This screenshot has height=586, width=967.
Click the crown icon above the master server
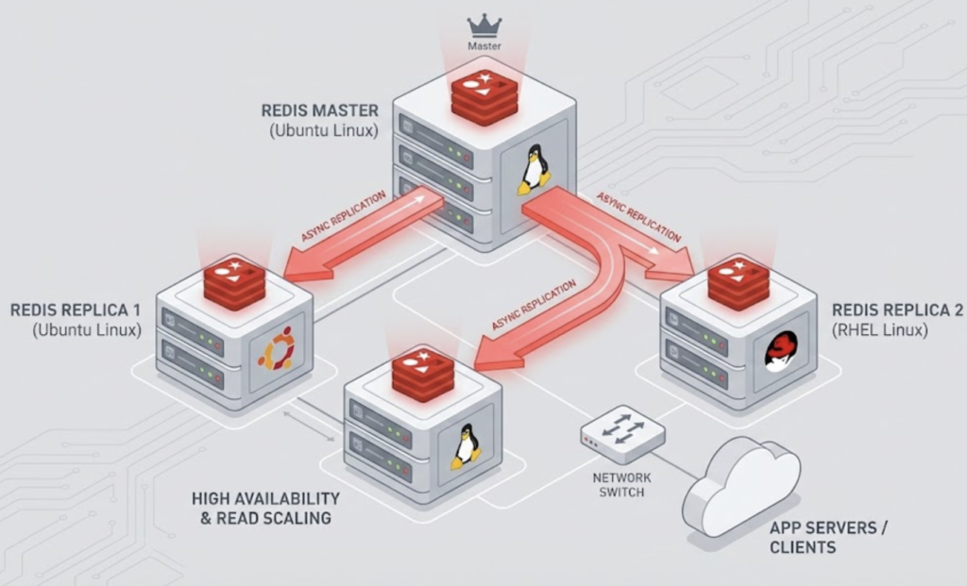coord(484,25)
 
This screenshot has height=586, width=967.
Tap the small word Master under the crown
coord(484,45)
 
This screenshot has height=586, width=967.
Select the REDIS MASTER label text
coord(319,110)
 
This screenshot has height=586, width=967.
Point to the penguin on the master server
coord(534,170)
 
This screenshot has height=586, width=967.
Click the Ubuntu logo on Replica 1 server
coord(278,348)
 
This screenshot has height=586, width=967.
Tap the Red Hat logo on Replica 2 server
coord(780,351)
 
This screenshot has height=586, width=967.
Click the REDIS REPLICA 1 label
coord(76,310)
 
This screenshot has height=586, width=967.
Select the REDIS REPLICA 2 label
coord(897,310)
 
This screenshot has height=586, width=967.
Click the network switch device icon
coord(622,432)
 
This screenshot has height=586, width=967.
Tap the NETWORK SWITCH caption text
coord(621,486)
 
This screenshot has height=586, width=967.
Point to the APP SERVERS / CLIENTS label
coord(828,537)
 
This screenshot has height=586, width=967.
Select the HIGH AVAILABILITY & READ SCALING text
coord(265,508)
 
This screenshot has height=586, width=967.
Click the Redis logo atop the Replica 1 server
coord(234,281)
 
